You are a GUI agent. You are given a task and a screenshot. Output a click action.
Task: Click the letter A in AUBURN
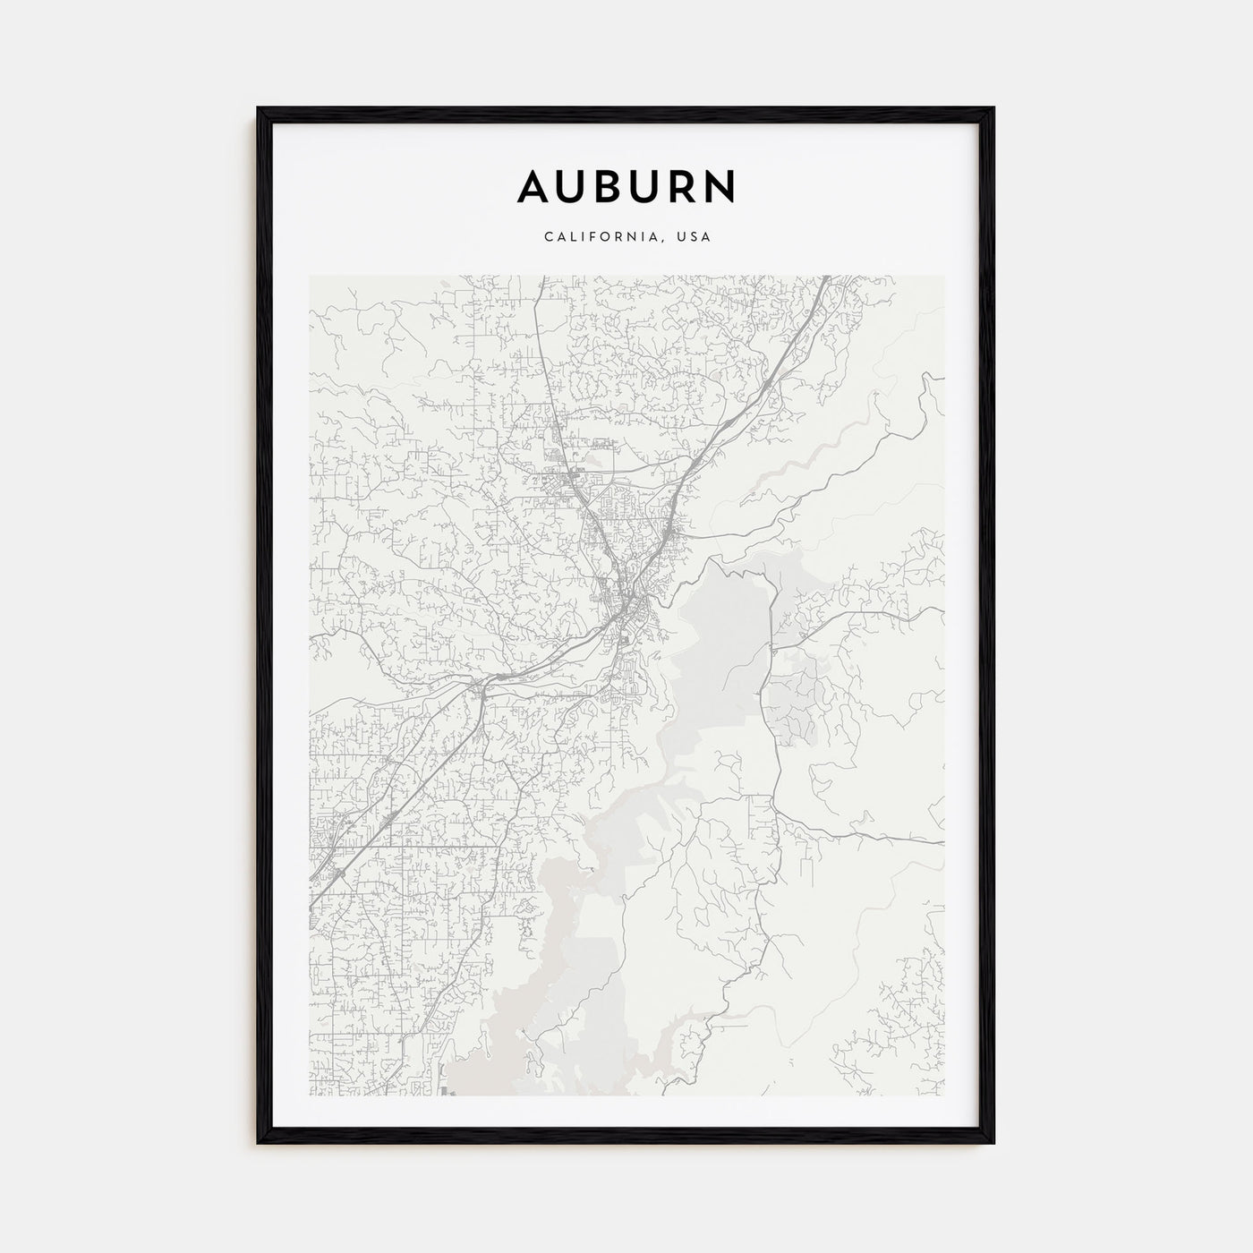click(534, 186)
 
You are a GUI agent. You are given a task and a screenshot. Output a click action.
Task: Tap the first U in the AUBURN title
click(573, 186)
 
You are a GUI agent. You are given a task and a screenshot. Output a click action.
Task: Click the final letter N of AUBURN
click(720, 186)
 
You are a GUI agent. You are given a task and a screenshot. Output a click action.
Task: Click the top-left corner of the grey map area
click(311, 277)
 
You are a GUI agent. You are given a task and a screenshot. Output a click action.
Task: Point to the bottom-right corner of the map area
click(942, 1095)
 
